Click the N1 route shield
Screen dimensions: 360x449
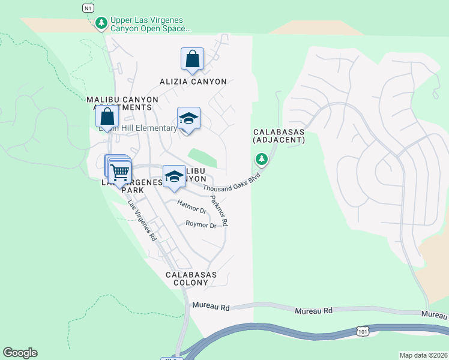[x=88, y=8]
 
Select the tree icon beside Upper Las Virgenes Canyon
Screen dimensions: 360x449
[x=101, y=23]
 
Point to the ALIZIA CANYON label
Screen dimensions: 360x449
[x=185, y=82]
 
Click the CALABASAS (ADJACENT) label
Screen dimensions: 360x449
[x=279, y=136]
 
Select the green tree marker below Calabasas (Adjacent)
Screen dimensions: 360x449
[x=261, y=159]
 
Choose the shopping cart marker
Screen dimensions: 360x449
[x=120, y=172]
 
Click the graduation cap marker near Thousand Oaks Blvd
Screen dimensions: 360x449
[x=174, y=176]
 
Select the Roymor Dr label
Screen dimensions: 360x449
[x=200, y=225]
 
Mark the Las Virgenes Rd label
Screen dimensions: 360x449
[x=142, y=220]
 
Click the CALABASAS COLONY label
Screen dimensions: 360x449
[x=191, y=279]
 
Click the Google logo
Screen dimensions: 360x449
[x=20, y=353]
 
